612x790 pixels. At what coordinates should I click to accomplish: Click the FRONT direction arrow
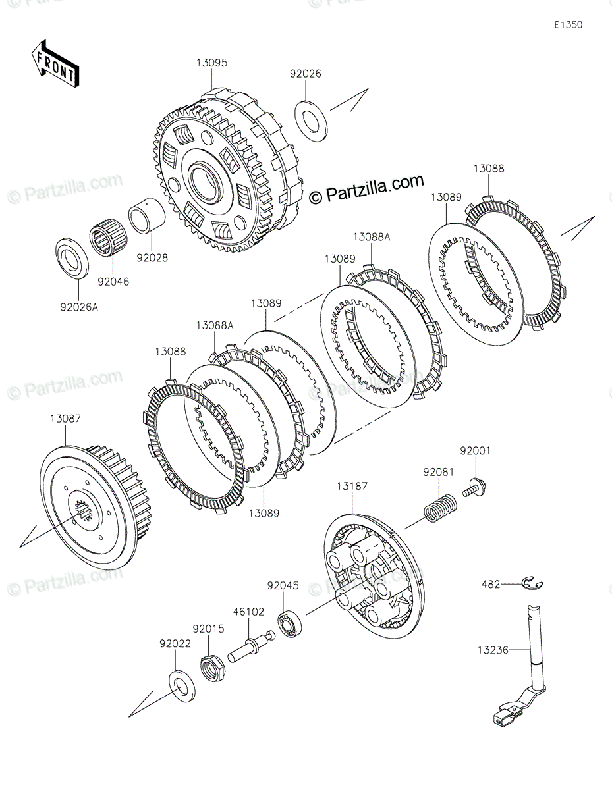(55, 65)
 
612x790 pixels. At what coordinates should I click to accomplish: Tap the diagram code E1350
(567, 26)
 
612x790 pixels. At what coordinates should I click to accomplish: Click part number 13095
(211, 63)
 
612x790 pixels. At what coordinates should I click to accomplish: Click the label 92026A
(79, 305)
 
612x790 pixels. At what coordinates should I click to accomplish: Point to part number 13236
(493, 650)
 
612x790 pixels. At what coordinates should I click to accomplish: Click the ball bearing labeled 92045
(289, 622)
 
